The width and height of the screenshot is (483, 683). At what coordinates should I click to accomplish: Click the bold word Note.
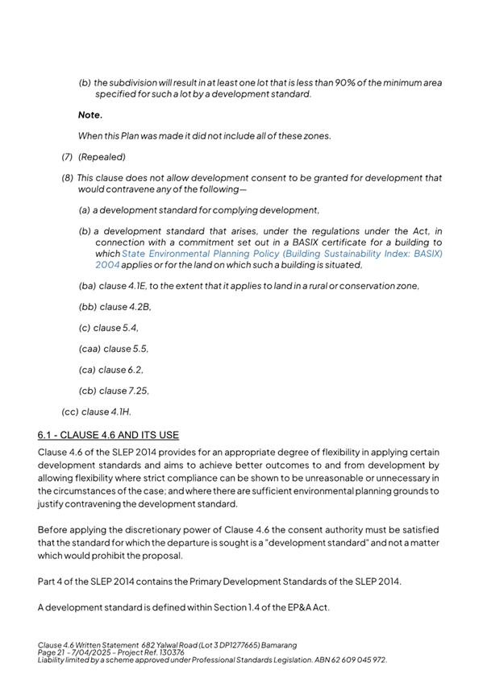(90, 115)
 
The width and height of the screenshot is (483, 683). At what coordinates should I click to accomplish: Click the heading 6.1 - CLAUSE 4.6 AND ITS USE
(108, 436)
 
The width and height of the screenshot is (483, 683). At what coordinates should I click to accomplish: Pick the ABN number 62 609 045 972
(352, 660)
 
